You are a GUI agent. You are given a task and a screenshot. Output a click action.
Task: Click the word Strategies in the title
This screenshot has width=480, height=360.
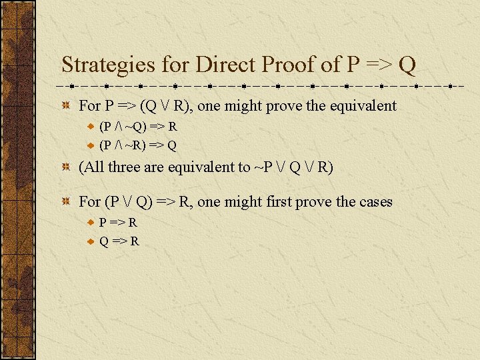coord(109,65)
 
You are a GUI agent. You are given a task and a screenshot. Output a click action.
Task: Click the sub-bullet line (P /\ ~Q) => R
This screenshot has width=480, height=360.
coord(137,127)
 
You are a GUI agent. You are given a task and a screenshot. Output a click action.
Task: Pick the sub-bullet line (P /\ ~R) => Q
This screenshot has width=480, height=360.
coord(137,144)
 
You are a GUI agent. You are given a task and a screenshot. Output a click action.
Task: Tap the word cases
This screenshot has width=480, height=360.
coord(374,201)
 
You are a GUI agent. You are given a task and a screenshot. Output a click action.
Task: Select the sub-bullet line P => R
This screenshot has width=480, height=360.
coord(118,223)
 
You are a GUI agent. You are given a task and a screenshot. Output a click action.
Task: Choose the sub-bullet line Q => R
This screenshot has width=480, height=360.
coord(119,240)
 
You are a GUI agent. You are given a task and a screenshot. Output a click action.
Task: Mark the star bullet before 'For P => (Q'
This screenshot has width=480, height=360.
coord(66,106)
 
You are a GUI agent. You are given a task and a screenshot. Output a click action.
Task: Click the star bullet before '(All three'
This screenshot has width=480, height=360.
coord(66,167)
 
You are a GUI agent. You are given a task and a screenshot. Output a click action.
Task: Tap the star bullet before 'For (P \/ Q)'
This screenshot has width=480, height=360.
coord(66,202)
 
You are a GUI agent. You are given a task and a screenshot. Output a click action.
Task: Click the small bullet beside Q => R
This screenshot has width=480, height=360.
coord(91,241)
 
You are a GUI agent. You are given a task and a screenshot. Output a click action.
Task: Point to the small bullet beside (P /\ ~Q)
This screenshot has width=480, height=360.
coord(91,127)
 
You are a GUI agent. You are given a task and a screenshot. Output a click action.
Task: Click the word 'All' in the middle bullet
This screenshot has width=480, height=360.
coord(94,167)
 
